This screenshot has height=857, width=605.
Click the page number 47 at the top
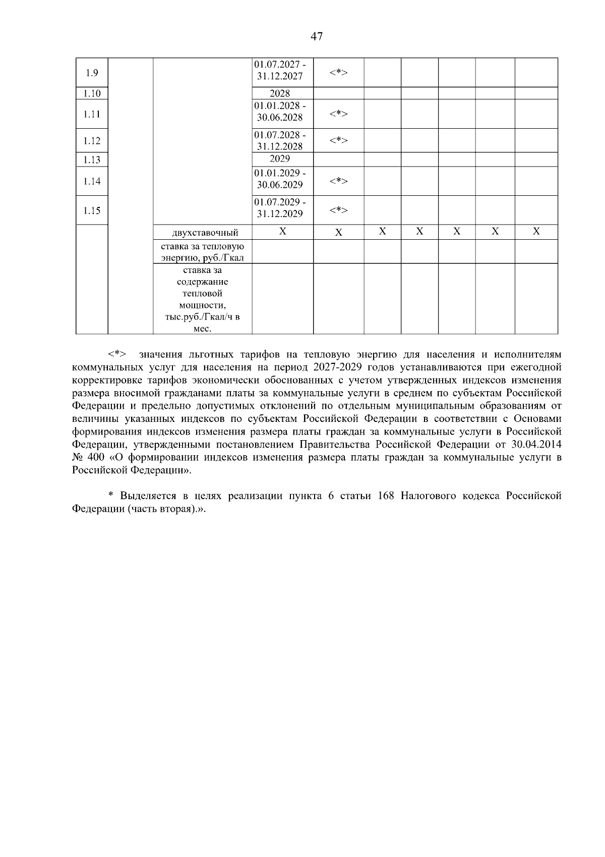(317, 36)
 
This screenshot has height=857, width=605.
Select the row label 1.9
(92, 73)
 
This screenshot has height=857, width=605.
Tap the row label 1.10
(92, 93)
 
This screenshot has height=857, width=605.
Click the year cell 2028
(280, 93)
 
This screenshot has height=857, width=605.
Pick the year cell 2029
(280, 159)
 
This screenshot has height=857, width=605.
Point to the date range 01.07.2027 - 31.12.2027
(280, 71)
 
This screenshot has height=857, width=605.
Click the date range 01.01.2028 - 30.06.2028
(280, 112)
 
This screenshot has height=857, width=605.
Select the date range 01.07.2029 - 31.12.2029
(280, 208)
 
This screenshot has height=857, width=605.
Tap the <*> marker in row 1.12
(338, 140)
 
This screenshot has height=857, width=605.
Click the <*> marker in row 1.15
(338, 210)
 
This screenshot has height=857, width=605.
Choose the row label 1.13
(92, 160)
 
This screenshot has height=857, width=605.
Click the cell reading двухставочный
(202, 233)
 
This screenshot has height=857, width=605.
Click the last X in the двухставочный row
(536, 232)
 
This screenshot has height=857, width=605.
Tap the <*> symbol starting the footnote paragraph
(117, 354)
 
